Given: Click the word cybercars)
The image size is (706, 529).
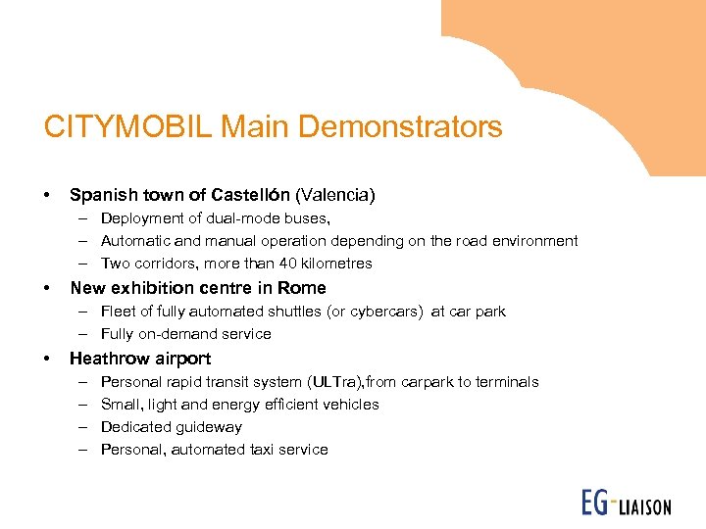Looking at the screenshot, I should click(391, 312).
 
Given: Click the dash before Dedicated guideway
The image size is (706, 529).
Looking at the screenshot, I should click(80, 427).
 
